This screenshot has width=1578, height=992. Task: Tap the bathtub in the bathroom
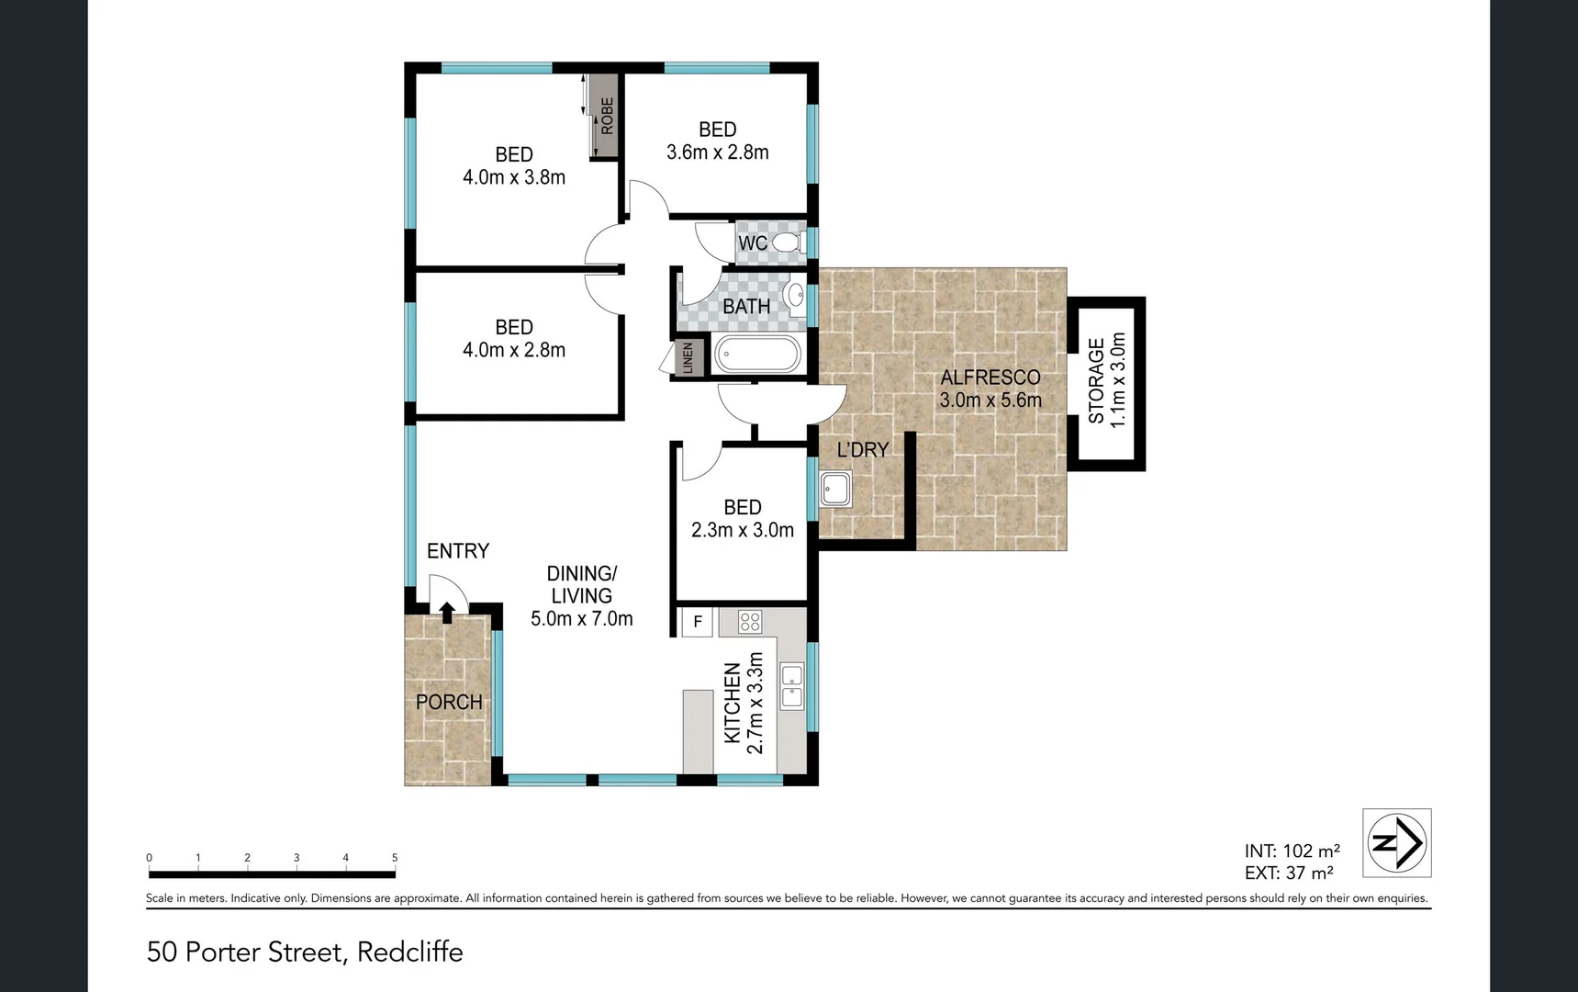click(x=757, y=355)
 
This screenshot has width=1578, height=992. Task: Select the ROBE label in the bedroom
click(x=607, y=116)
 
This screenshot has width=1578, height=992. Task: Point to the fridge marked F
click(x=698, y=622)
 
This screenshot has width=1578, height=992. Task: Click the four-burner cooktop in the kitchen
click(x=750, y=622)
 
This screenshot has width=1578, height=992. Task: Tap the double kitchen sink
click(x=791, y=686)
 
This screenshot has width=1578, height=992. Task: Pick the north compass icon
click(x=1397, y=843)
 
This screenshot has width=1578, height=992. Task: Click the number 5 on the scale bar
click(x=395, y=858)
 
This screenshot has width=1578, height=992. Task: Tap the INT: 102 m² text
click(x=1292, y=851)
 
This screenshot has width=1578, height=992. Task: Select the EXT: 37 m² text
click(x=1289, y=874)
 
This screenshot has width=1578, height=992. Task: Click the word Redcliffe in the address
click(x=410, y=952)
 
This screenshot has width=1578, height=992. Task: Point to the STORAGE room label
click(x=1096, y=381)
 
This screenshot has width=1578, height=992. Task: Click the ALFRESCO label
click(x=990, y=378)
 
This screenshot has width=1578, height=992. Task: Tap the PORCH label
click(x=449, y=703)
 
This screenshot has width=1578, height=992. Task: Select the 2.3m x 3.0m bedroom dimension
click(x=743, y=530)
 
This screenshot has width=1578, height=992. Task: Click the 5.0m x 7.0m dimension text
click(x=582, y=619)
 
